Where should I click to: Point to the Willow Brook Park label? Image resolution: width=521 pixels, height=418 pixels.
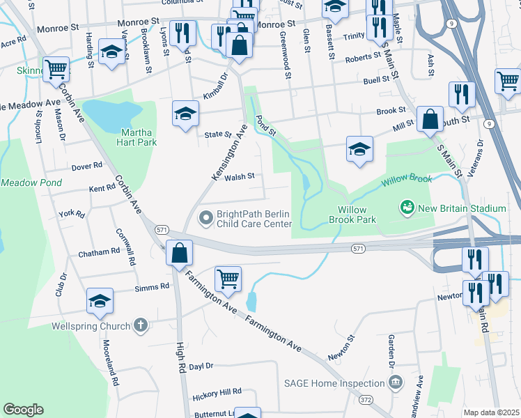click(x=357, y=214)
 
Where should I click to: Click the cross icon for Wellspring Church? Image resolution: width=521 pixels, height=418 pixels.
click(x=141, y=325)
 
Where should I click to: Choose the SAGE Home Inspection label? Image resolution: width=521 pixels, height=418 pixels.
click(x=334, y=383)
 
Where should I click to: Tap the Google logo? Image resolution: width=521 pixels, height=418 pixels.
click(x=23, y=410)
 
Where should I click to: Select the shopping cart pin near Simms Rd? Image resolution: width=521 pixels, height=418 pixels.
click(x=228, y=279)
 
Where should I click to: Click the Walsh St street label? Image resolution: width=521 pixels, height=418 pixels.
click(x=240, y=177)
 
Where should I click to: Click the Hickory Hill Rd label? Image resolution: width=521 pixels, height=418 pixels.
click(x=216, y=394)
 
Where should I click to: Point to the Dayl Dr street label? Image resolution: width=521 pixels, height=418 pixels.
click(x=201, y=366)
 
